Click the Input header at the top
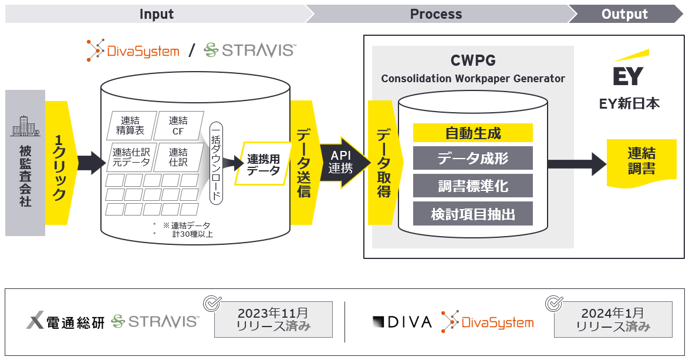tap(156, 14)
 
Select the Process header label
tap(435, 14)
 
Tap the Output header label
tap(624, 14)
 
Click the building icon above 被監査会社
tap(25, 127)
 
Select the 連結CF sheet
tap(178, 125)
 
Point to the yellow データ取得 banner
tap(383, 163)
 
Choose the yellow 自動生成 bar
tap(472, 133)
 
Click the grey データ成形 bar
tap(472, 159)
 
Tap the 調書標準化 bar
tap(472, 186)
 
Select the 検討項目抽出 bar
tap(472, 214)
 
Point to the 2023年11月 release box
tap(273, 319)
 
